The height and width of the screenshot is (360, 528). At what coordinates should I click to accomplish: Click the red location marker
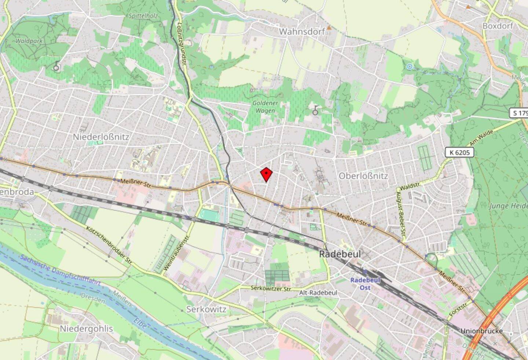point(266,174)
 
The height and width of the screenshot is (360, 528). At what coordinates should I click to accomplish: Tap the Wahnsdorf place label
point(302,32)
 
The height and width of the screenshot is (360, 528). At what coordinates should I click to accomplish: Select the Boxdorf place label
point(498,26)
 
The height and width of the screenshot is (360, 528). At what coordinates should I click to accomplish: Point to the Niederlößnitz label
point(101,137)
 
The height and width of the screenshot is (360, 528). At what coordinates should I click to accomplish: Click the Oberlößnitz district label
point(363,176)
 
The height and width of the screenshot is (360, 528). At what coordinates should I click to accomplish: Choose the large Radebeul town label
point(340,254)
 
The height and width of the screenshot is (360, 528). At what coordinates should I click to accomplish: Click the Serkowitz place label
point(206,309)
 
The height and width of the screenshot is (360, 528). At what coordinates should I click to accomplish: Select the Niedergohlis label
point(86,329)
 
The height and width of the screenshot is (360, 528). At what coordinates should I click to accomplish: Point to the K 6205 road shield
point(459,152)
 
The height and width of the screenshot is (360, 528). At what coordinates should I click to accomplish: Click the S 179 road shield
point(519,113)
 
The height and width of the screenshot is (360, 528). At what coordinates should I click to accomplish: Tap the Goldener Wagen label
point(265,107)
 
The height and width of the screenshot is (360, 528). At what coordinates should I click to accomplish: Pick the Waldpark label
point(29,41)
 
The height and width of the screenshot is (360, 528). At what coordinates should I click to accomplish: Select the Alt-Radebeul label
point(318,293)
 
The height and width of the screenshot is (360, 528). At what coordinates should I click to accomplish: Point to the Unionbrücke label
point(481,331)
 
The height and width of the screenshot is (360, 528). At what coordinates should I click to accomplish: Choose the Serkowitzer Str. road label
point(271,289)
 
